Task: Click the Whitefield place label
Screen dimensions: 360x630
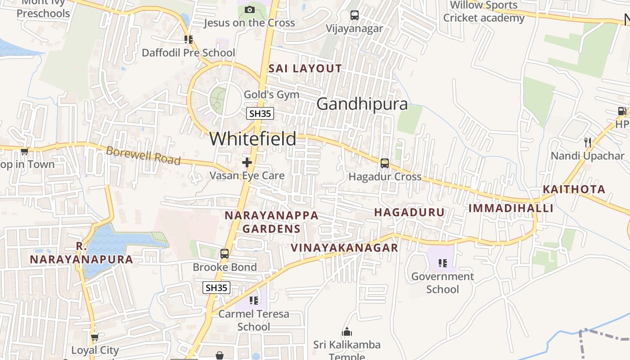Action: (253, 139)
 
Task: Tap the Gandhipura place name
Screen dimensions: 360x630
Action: (362, 104)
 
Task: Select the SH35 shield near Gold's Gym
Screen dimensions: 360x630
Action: (260, 113)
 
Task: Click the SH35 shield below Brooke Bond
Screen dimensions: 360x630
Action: (216, 288)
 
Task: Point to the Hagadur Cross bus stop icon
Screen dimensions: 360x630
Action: (384, 163)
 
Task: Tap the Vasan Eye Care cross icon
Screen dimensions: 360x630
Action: (247, 162)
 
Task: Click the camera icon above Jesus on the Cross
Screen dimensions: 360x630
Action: (249, 9)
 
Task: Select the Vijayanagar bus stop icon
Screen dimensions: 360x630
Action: (355, 15)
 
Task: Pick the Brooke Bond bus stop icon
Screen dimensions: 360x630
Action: (225, 254)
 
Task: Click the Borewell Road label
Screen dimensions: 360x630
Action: (143, 156)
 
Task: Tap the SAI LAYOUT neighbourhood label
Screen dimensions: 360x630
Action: (305, 69)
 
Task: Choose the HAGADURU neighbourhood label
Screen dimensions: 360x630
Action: (409, 212)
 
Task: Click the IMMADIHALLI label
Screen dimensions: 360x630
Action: (511, 208)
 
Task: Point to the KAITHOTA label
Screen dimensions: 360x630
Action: (574, 189)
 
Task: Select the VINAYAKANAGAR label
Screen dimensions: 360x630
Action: (344, 247)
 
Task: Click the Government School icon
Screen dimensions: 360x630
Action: (443, 263)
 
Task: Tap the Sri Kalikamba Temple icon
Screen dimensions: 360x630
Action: (347, 333)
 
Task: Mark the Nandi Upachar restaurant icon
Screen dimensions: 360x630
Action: (587, 143)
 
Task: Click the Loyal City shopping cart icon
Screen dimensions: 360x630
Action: (94, 337)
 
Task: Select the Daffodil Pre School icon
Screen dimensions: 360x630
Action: (188, 40)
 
